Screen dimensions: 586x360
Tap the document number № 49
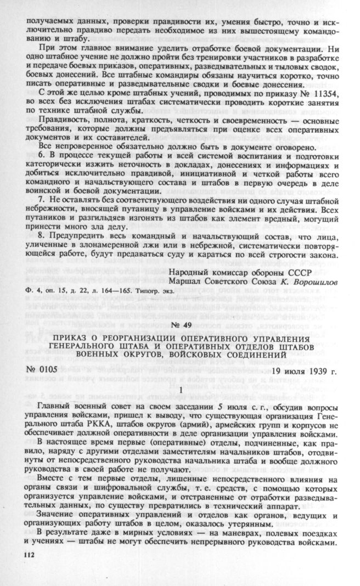coord(181,325)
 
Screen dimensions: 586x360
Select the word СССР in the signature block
coord(301,273)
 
